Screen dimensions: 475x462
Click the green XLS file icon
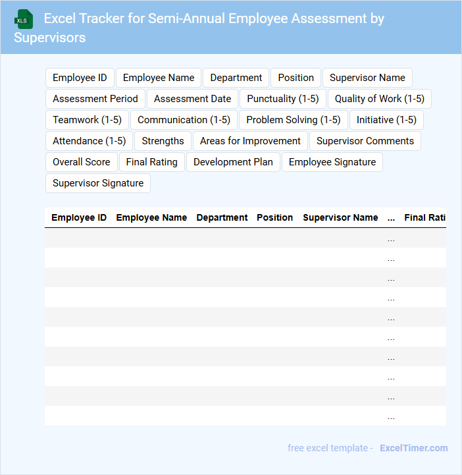click(x=24, y=19)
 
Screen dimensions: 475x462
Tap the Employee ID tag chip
click(x=80, y=78)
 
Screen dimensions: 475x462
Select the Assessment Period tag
click(x=95, y=99)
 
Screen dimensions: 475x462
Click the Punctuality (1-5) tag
click(x=283, y=99)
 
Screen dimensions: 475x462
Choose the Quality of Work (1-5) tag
click(x=379, y=99)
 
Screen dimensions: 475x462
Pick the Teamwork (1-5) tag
click(x=87, y=120)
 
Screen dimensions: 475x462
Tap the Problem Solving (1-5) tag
click(x=294, y=120)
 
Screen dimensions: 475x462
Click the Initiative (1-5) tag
click(x=386, y=120)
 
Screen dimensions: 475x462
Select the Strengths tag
click(x=163, y=141)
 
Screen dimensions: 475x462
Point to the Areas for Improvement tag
click(x=250, y=141)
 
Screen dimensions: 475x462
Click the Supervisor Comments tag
click(x=365, y=141)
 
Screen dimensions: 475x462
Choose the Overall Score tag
click(x=82, y=162)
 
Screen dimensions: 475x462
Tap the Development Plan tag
click(x=233, y=162)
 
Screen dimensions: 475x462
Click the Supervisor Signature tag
click(x=98, y=183)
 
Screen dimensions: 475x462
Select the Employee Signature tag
click(x=332, y=162)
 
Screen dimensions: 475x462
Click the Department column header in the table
click(x=222, y=217)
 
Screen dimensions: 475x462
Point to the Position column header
click(x=274, y=217)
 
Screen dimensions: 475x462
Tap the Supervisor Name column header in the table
click(x=340, y=217)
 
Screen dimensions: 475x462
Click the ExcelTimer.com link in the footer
click(x=414, y=448)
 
